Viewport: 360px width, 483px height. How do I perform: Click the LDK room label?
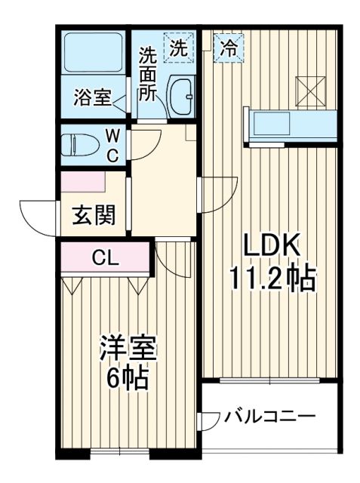[x=271, y=246]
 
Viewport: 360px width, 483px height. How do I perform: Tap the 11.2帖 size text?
[x=272, y=281]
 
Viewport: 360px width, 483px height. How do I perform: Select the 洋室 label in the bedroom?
[x=129, y=349]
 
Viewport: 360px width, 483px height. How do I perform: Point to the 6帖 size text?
[x=128, y=377]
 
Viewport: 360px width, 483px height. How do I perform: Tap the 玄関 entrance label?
[x=94, y=216]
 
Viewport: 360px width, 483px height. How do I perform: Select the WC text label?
[x=112, y=146]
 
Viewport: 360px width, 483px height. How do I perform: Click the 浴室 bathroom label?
[x=93, y=97]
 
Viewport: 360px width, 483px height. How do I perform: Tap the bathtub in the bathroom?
[x=94, y=52]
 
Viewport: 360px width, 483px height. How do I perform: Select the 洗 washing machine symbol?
[x=178, y=49]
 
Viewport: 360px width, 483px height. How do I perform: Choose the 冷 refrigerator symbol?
[x=227, y=47]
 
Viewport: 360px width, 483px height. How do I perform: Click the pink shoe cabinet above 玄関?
[x=83, y=182]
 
